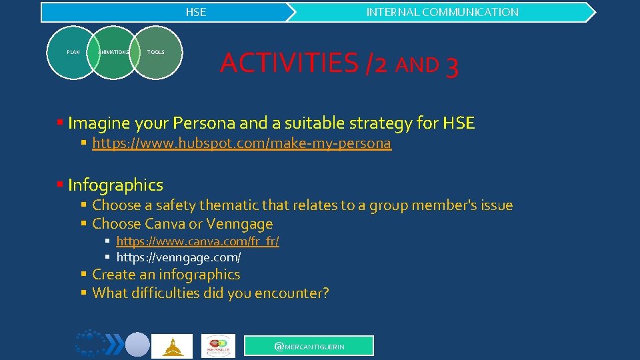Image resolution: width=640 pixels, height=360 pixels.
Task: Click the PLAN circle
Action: click(x=73, y=52)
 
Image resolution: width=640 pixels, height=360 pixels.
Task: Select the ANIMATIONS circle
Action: click(x=113, y=52)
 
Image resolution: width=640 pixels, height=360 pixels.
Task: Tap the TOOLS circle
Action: click(x=156, y=52)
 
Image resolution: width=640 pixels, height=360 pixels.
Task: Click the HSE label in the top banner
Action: click(x=196, y=12)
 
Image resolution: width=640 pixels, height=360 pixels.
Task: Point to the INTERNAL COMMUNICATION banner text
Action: click(x=442, y=12)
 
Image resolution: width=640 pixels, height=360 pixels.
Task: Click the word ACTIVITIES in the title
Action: click(x=289, y=63)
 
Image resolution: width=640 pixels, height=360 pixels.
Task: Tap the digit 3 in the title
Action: click(x=451, y=66)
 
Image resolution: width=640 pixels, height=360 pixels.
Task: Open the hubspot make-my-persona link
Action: click(x=241, y=143)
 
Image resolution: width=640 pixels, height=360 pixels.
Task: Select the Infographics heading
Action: click(x=115, y=185)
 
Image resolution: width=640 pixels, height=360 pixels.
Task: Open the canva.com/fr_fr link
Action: click(x=197, y=241)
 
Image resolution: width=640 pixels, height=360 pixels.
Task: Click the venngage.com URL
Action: click(x=179, y=257)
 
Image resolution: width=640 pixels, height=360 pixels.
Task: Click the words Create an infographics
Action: click(x=166, y=275)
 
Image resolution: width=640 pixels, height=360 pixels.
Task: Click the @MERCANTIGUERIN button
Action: click(x=309, y=345)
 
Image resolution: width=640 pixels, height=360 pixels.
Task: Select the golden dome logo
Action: click(x=172, y=346)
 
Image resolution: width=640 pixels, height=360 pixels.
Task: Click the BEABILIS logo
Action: click(x=218, y=346)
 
